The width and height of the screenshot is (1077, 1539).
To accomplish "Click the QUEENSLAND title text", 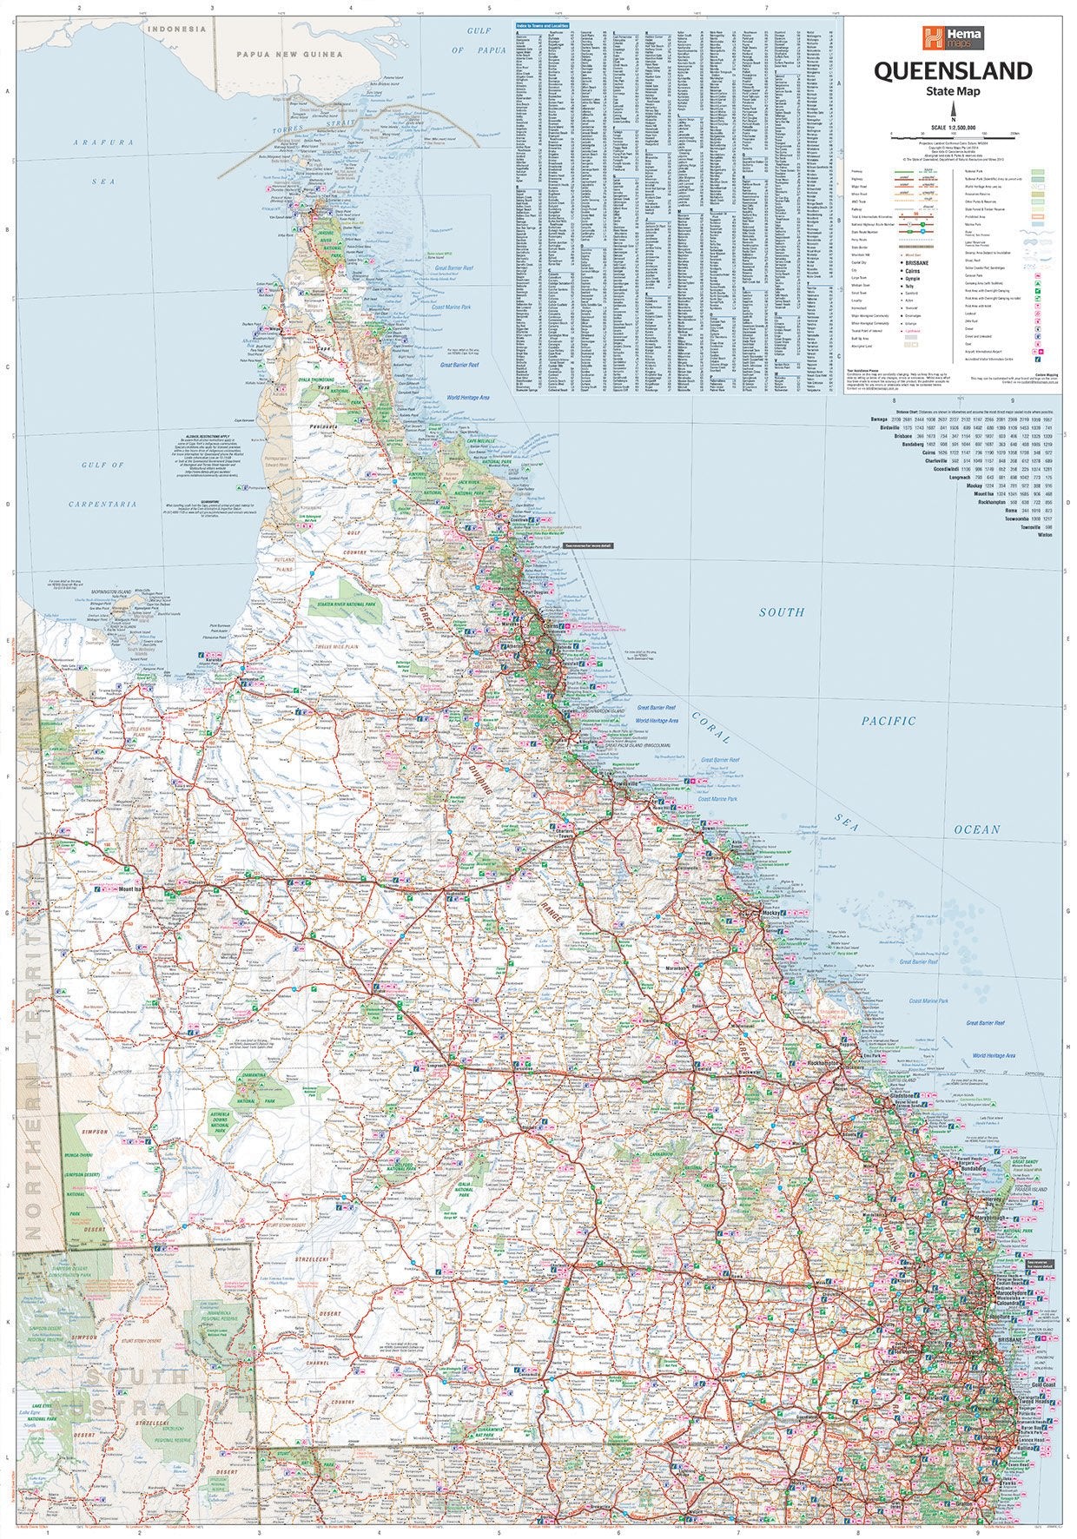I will click(x=954, y=71).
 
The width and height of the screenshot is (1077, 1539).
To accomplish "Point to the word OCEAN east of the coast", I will click(x=978, y=829).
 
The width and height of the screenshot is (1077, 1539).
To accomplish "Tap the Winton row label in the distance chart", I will click(x=1043, y=535).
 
